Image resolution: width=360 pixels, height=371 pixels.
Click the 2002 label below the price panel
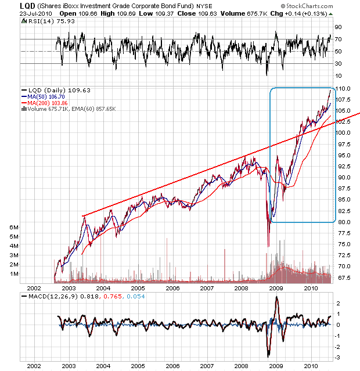coord(34,288)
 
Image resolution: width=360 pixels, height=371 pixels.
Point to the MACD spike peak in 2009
coord(276,297)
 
